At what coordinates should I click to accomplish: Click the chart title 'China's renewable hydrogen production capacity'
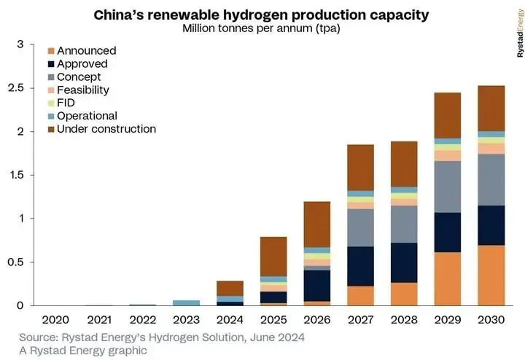261,15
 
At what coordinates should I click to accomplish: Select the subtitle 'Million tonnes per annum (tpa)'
261,28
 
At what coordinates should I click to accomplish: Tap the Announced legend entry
82,51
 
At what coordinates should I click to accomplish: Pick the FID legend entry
61,103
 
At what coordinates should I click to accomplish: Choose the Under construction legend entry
102,129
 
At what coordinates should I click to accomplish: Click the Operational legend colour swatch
51,116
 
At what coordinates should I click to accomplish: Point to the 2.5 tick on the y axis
16,88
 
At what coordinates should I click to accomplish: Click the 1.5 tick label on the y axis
16,175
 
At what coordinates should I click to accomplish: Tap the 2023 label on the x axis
186,320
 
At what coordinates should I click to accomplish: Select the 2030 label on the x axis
491,320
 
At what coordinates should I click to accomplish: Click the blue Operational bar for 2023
186,302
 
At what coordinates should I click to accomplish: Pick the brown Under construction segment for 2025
273,257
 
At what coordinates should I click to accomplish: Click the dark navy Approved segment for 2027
361,266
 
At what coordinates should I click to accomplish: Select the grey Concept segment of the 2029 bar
448,187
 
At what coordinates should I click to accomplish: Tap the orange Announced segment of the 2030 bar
491,275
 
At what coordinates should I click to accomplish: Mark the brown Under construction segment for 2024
230,289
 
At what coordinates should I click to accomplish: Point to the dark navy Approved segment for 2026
317,286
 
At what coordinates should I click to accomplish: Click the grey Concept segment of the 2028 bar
404,224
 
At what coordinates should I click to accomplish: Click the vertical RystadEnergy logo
520,33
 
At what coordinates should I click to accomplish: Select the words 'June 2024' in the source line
277,337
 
